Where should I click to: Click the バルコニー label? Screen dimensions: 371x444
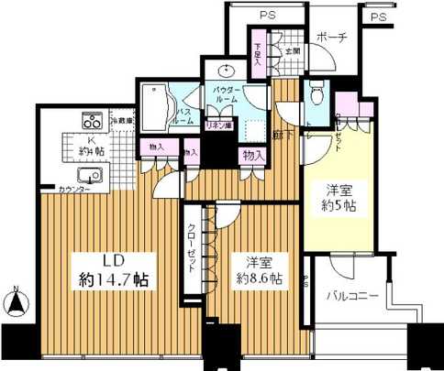coord(351,296)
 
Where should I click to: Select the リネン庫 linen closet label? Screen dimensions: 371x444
coord(217,125)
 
